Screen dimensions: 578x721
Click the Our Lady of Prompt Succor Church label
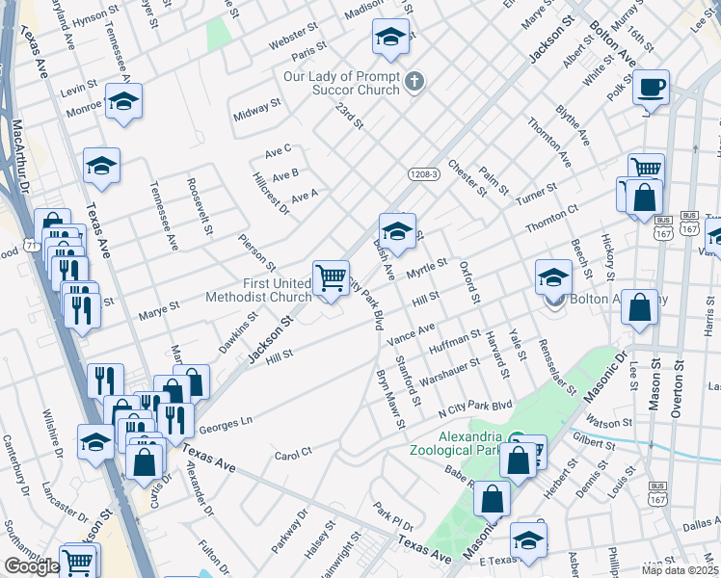pos(341,83)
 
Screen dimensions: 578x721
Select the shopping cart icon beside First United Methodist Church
pos(331,278)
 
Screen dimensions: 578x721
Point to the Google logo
pos(31,566)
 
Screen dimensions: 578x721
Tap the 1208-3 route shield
pos(423,173)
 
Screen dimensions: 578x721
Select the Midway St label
pos(256,109)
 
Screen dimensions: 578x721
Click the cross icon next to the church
pos(415,81)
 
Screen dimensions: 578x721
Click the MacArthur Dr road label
pos(20,154)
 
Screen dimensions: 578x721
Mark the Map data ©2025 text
pos(680,569)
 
